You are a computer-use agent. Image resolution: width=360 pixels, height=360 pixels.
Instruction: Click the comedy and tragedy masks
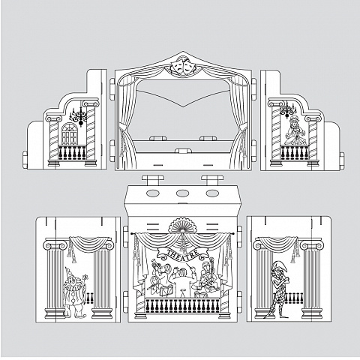point(183,65)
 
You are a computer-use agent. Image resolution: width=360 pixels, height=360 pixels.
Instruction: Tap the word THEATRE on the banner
point(182,254)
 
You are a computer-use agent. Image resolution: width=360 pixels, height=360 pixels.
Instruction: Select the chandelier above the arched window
point(79,115)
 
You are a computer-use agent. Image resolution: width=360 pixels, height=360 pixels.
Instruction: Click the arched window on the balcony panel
point(69,133)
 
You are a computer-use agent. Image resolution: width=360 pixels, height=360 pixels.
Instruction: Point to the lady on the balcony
point(295,130)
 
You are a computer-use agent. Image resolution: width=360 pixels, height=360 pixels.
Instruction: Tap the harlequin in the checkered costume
point(278,289)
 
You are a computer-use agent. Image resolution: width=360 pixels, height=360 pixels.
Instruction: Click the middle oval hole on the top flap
point(182,193)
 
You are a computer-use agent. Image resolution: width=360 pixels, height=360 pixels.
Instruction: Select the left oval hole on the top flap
point(153,193)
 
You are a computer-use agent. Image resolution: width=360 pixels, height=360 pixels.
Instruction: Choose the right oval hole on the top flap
point(212,193)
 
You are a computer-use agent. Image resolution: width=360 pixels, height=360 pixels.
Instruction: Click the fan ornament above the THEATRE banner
point(182,225)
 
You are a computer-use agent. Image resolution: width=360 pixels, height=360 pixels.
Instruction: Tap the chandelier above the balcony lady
point(288,109)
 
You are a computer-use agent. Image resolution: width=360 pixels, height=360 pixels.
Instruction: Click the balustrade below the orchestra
point(182,305)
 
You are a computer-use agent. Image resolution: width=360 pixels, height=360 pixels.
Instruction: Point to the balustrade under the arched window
point(72,152)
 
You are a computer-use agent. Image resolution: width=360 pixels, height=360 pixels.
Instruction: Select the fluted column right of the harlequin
point(311,280)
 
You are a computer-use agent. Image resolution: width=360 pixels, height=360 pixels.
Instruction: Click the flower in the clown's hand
point(85,277)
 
